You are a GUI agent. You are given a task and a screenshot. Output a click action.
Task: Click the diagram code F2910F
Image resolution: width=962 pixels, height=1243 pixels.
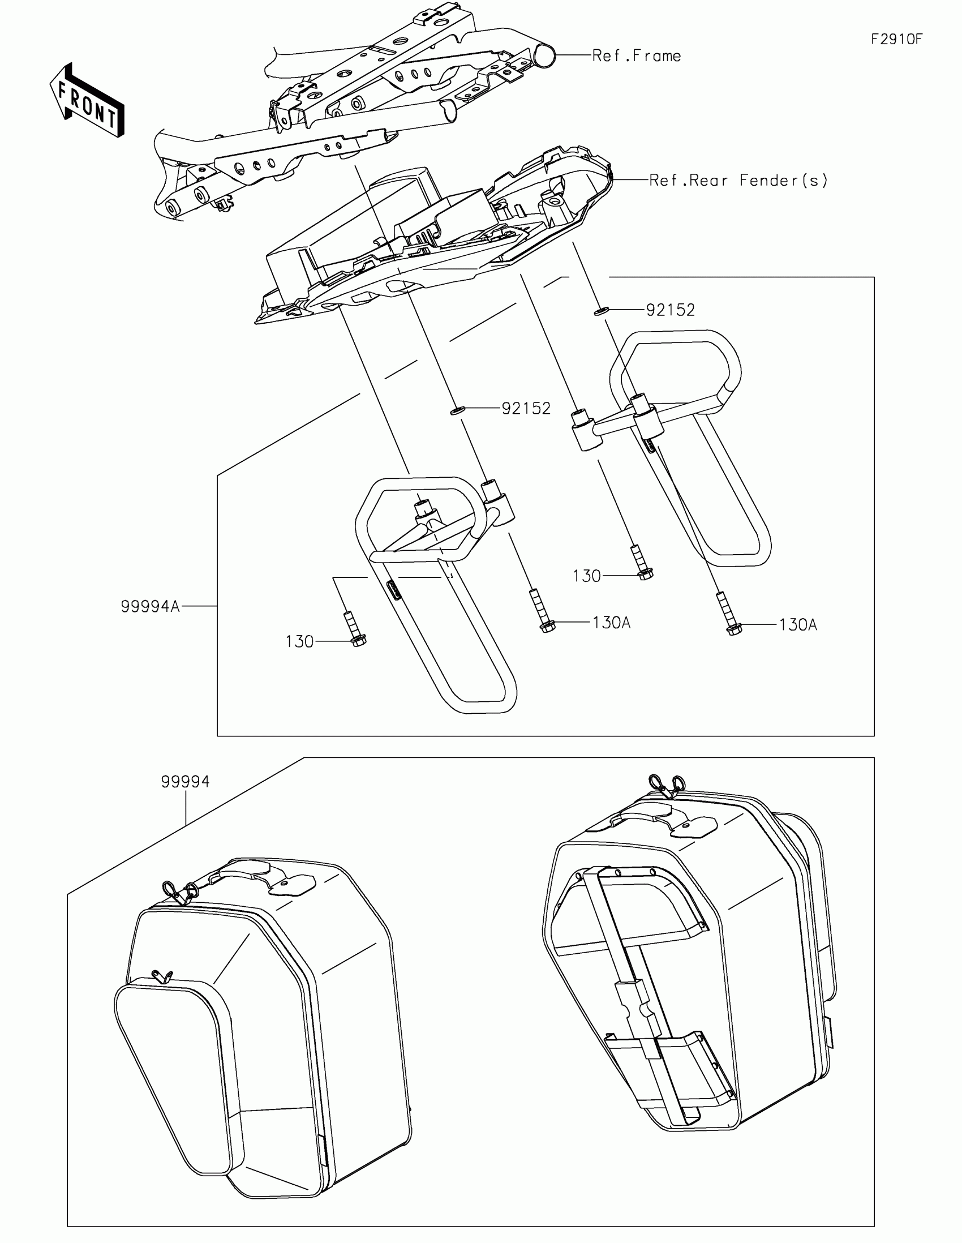[x=896, y=39]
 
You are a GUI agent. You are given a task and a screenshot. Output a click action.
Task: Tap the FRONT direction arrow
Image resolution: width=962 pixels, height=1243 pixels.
[x=87, y=100]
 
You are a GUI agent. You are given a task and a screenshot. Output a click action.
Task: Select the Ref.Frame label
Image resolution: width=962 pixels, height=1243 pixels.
[x=637, y=56]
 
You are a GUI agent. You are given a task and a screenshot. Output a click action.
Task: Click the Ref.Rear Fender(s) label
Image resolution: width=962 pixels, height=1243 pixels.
[x=738, y=181]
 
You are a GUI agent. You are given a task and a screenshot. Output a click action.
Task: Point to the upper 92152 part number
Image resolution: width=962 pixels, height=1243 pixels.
[x=670, y=310]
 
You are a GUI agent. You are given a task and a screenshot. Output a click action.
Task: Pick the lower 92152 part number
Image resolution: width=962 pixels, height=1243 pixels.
[x=526, y=409]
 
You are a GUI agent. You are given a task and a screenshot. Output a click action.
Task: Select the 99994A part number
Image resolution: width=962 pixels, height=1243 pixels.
[x=150, y=607]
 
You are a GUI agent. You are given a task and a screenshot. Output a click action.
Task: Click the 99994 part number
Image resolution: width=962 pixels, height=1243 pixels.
[x=186, y=782]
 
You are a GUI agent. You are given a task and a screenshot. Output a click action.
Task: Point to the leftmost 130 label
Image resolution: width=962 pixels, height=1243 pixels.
[x=299, y=642]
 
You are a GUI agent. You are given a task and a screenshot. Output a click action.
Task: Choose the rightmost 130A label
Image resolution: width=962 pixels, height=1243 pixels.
[x=797, y=625]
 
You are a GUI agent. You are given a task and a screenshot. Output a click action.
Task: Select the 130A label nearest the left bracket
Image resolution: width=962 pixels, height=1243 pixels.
[x=612, y=623]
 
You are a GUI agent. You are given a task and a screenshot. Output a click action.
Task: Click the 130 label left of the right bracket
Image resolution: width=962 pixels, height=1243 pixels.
[x=586, y=577]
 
